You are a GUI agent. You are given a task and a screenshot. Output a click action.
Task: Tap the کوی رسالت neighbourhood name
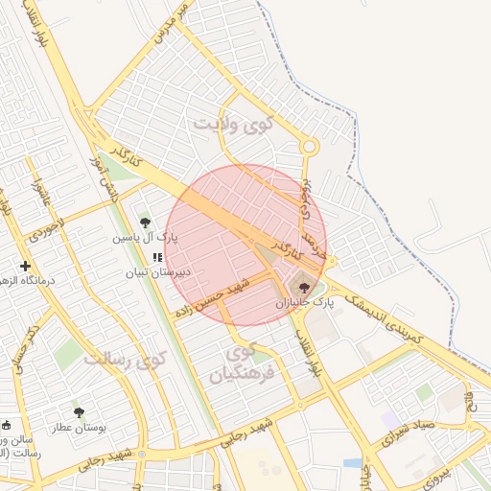pyautogui.click(x=125, y=358)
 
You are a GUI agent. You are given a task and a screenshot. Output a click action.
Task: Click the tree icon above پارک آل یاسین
pyautogui.click(x=145, y=222)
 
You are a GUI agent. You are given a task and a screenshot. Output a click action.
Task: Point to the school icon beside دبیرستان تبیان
pyautogui.click(x=157, y=257)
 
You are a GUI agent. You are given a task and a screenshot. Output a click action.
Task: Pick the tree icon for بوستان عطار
pyautogui.click(x=79, y=412)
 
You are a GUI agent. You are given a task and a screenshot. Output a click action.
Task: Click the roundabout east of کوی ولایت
pyautogui.click(x=308, y=146)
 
